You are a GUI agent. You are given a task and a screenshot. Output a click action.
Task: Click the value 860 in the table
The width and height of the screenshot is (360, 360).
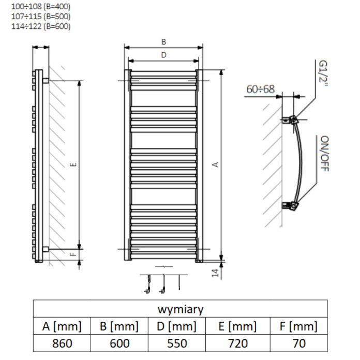[62, 343]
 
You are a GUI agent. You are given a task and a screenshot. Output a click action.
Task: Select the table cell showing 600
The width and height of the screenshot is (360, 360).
[119, 343]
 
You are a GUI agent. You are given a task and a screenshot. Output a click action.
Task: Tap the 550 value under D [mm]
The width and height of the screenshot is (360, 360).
[177, 343]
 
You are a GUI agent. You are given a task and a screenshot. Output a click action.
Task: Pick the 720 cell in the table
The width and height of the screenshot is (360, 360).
[238, 343]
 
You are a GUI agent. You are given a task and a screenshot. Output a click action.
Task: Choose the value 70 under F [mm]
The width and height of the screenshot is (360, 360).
[299, 343]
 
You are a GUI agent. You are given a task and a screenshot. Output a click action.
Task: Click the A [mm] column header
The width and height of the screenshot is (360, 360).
[62, 326]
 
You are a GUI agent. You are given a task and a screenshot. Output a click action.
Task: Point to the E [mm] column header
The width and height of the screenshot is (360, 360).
[237, 326]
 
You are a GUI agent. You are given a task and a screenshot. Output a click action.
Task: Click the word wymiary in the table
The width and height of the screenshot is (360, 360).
[181, 309]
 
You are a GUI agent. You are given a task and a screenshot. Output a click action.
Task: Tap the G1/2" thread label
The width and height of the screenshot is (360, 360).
[323, 73]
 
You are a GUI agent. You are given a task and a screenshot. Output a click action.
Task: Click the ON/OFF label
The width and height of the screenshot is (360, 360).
[324, 154]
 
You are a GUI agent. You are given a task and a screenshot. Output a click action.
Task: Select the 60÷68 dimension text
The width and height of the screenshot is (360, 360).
[260, 89]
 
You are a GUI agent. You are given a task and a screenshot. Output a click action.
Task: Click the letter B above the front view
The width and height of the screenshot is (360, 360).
[163, 42]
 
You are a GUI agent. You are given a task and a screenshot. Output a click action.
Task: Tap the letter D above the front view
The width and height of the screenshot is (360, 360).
[163, 55]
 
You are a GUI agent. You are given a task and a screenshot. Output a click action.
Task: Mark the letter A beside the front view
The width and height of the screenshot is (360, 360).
[216, 164]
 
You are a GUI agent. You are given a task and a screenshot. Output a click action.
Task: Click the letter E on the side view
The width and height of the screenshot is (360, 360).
[73, 164]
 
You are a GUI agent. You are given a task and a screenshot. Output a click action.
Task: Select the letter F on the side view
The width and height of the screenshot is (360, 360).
[73, 254]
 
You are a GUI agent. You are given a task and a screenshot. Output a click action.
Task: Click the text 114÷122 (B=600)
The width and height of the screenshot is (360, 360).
[41, 26]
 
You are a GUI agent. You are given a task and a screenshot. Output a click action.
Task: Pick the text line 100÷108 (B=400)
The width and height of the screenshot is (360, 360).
[41, 6]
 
